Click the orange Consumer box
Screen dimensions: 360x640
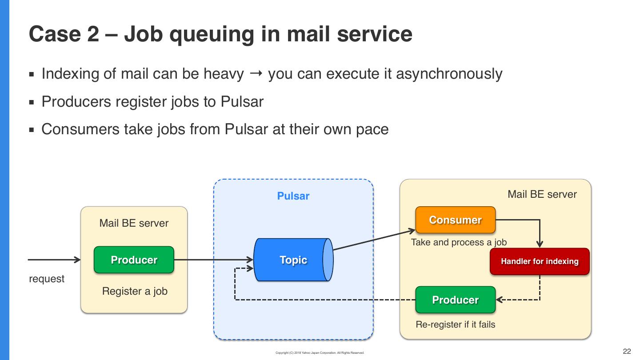(455, 220)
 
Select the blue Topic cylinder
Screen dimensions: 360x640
(293, 260)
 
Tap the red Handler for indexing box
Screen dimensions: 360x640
(540, 261)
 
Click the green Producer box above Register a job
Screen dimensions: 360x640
(134, 260)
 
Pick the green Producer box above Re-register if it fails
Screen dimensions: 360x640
(455, 300)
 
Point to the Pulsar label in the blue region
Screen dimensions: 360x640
(293, 196)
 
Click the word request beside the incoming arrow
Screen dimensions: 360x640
(47, 279)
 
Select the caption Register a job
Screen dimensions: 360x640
(135, 292)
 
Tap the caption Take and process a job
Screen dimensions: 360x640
(459, 242)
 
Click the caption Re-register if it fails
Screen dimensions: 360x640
(455, 324)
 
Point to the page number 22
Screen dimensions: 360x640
(627, 352)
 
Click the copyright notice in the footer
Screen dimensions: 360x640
(320, 353)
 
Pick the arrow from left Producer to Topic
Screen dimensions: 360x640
(213, 260)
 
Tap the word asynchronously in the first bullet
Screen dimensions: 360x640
(449, 74)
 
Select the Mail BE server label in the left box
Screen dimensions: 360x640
(134, 223)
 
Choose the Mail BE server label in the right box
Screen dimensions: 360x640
(542, 194)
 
